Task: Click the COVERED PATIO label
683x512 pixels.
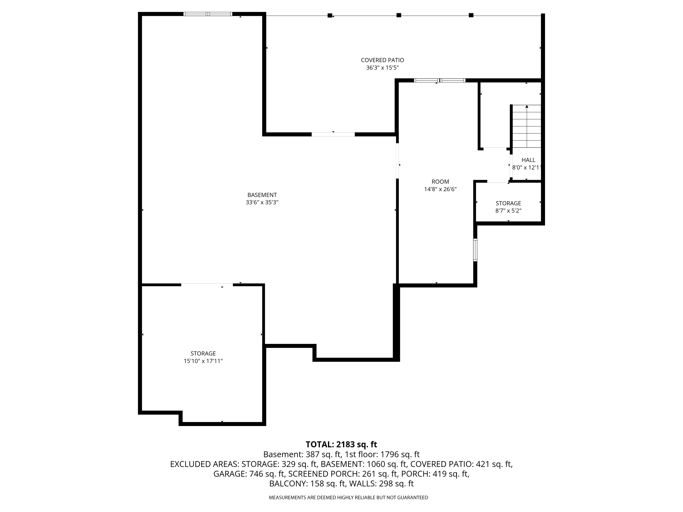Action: pyautogui.click(x=382, y=60)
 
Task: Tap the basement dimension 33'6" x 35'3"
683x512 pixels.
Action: pyautogui.click(x=262, y=203)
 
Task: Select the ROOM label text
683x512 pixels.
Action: pyautogui.click(x=440, y=182)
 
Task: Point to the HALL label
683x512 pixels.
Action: pyautogui.click(x=528, y=160)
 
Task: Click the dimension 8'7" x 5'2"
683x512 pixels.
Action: pyautogui.click(x=508, y=211)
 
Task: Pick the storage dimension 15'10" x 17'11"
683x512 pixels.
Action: pyautogui.click(x=203, y=361)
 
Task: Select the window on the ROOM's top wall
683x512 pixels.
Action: pyautogui.click(x=439, y=81)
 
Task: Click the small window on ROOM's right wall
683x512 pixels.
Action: pyautogui.click(x=475, y=250)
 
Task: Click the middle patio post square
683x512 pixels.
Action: pyautogui.click(x=399, y=15)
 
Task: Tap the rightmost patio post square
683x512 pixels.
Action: pyautogui.click(x=471, y=15)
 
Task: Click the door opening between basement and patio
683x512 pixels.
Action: pyautogui.click(x=333, y=134)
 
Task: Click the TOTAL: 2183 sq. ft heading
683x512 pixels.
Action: pyautogui.click(x=341, y=444)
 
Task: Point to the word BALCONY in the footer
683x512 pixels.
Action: pyautogui.click(x=288, y=484)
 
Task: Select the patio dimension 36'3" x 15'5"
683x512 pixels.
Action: pyautogui.click(x=382, y=68)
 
